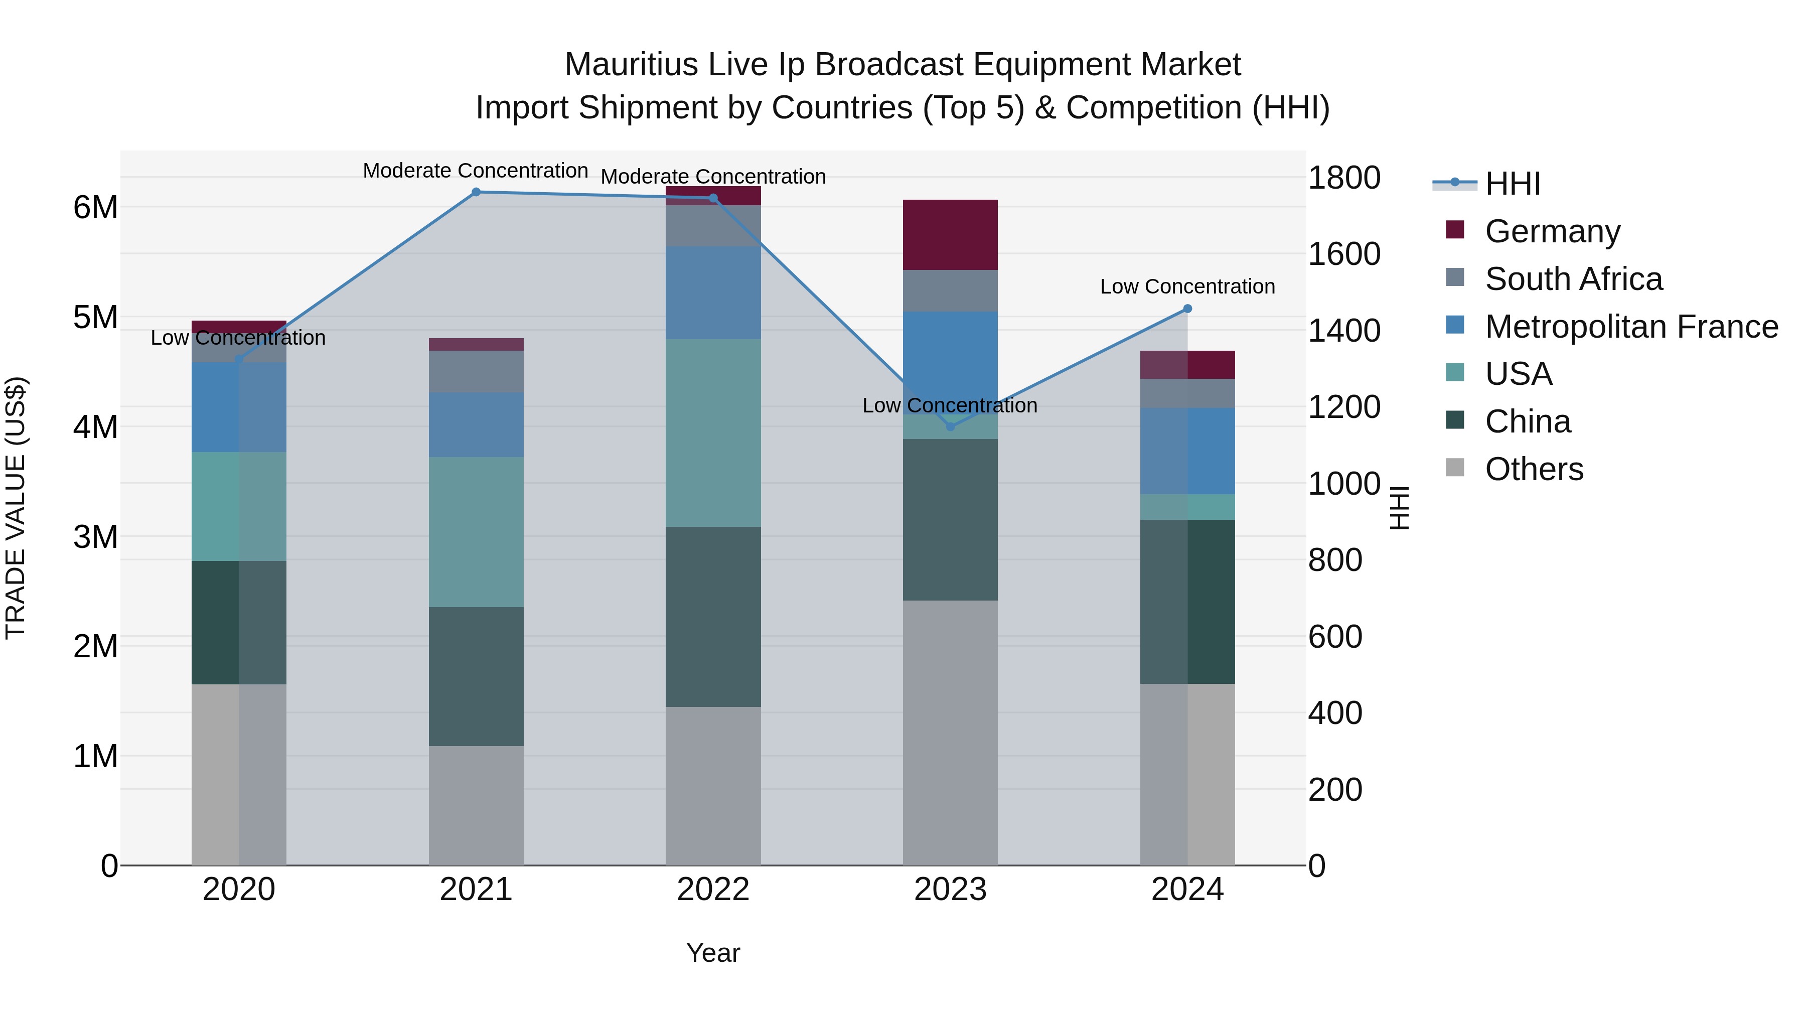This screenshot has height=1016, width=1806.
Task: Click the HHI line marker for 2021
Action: click(x=476, y=192)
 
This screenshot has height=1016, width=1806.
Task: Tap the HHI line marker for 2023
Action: click(x=951, y=426)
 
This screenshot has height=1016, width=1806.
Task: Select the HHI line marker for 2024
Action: click(x=1187, y=309)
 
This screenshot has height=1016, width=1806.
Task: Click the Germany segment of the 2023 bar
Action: click(x=950, y=235)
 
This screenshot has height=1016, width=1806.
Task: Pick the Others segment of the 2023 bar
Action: click(x=950, y=733)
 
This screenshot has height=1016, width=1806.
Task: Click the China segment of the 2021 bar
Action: click(x=476, y=677)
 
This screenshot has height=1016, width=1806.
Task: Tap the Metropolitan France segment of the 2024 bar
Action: click(x=1187, y=452)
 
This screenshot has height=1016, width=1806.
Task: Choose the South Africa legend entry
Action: click(x=1573, y=279)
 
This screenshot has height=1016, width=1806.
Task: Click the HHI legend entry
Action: click(x=1512, y=184)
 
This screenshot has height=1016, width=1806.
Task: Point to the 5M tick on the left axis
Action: click(x=95, y=318)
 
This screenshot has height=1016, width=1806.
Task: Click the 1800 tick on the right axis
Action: click(x=1344, y=178)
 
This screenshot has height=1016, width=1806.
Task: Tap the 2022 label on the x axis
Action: click(x=713, y=890)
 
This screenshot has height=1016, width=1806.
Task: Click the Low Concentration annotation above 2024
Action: click(x=1187, y=287)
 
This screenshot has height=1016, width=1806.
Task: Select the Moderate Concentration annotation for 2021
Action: click(x=476, y=171)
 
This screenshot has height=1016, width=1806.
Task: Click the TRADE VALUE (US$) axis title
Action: click(x=16, y=508)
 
